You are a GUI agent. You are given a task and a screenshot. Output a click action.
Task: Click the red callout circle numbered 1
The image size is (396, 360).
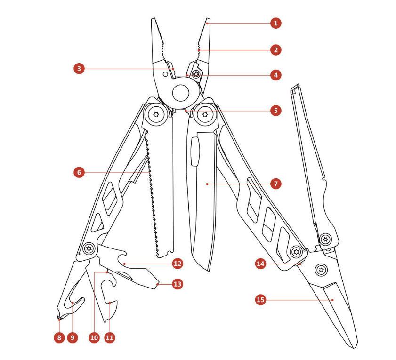coord(276,23)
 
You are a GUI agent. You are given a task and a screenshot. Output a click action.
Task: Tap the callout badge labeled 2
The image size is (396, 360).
coord(276,49)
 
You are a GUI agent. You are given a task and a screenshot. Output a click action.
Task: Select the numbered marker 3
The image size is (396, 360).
coord(79,69)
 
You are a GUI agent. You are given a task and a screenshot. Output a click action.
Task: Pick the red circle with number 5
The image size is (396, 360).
coord(276,111)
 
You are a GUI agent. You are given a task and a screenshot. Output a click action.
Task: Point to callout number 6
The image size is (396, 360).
coord(79,173)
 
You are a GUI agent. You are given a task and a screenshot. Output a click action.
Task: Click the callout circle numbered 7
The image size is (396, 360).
coord(276,184)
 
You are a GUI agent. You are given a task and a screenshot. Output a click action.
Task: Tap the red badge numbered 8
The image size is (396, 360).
coord(58,337)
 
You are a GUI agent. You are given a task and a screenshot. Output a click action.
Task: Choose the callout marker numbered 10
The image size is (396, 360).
coord(94,337)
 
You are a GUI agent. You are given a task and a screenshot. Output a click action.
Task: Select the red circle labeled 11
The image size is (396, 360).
coord(109,337)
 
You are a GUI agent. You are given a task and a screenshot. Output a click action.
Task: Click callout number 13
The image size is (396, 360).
coord(177,284)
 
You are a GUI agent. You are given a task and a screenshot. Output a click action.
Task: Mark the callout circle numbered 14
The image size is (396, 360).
coord(260,264)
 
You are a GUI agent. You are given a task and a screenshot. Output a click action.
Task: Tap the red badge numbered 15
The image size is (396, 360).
coord(260,300)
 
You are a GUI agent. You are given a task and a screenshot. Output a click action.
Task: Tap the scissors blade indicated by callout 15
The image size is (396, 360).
coord(337,306)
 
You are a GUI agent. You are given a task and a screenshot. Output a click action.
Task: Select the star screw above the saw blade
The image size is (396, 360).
coord(155,114)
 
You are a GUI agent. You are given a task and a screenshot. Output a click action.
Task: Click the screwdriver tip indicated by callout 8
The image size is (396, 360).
coord(59,318)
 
